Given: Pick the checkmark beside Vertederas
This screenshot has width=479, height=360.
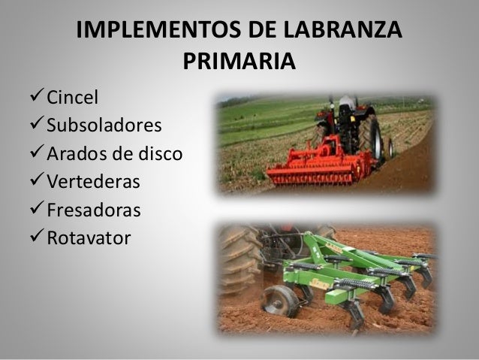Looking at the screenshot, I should tap(35, 182).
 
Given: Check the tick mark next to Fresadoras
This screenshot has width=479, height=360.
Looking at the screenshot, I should tap(35, 210).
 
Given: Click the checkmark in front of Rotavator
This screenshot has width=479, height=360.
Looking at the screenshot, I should tap(35, 239).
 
